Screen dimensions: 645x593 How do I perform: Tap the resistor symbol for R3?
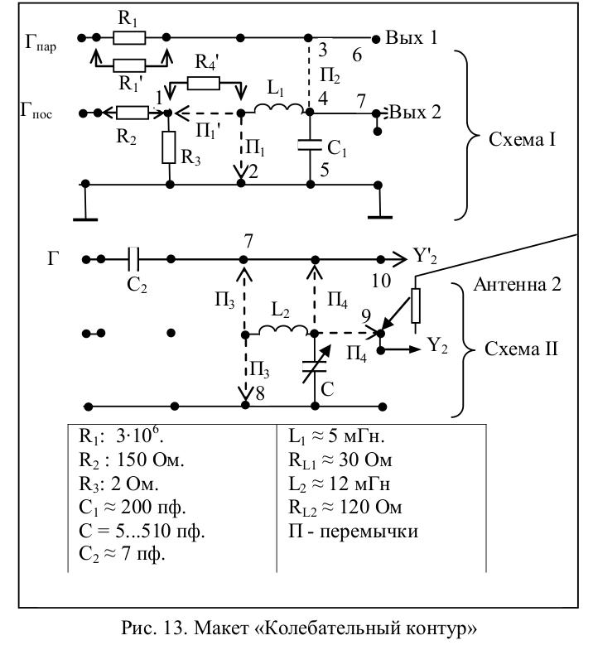pos(169,149)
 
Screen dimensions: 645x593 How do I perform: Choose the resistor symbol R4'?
pos(203,82)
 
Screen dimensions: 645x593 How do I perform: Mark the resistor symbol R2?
pos(133,113)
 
